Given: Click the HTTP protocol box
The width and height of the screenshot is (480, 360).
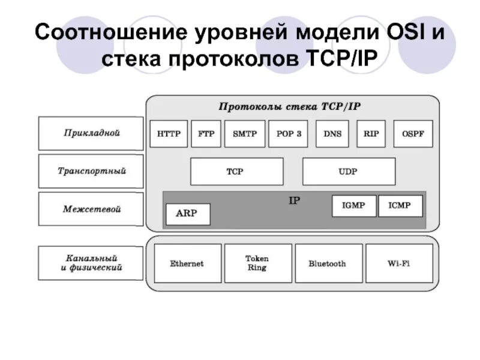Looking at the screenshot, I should click(169, 134).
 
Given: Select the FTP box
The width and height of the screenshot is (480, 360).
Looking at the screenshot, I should click(206, 134).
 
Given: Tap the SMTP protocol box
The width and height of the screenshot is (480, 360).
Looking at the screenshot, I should click(244, 134).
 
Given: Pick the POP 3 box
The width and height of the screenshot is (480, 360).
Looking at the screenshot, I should click(288, 134).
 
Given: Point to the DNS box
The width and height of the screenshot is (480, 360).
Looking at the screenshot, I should click(332, 134).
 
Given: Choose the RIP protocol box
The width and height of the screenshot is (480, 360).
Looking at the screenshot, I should click(371, 134).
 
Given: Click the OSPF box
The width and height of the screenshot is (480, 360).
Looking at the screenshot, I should click(412, 134).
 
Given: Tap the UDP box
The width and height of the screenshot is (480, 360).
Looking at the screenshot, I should click(349, 172).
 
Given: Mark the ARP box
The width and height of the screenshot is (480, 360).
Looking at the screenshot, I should click(187, 214).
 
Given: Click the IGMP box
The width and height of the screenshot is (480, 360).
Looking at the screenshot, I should click(354, 206).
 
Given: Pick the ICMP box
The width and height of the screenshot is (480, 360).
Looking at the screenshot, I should click(400, 206).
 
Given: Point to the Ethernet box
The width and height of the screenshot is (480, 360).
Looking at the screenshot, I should click(187, 263).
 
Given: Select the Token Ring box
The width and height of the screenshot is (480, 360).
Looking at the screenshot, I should click(257, 263).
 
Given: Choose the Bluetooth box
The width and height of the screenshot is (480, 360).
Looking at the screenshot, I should click(328, 263).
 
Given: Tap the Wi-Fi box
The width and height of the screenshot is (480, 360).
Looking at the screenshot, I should click(398, 263).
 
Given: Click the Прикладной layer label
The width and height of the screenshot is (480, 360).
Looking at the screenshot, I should click(91, 133).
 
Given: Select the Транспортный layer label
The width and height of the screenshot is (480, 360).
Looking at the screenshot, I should click(91, 171).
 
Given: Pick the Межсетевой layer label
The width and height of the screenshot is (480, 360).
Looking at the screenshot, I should click(91, 209).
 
